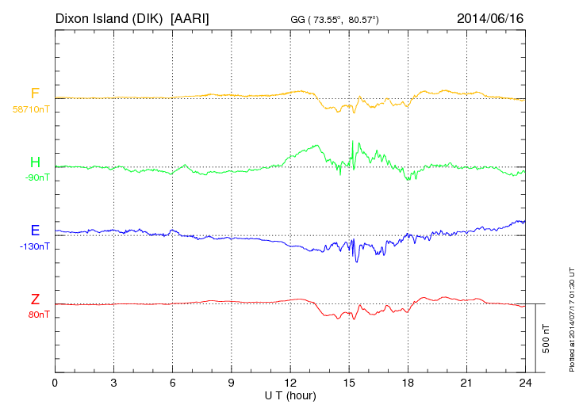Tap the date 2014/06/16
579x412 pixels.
coord(490,18)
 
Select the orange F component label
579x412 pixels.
coord(35,93)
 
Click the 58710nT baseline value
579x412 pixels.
coord(30,109)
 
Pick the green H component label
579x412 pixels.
coord(35,162)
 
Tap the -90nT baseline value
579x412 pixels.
coord(36,177)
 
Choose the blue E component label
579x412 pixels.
coord(35,231)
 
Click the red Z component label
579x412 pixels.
coord(35,299)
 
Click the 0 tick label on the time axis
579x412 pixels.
coord(55,383)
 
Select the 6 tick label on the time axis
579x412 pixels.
coord(173,383)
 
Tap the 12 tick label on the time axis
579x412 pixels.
coord(290,383)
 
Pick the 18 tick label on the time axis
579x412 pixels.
coord(408,383)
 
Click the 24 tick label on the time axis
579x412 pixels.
coord(526,383)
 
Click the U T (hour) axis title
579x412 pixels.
coord(290,395)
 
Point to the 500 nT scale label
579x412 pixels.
coord(546,338)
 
